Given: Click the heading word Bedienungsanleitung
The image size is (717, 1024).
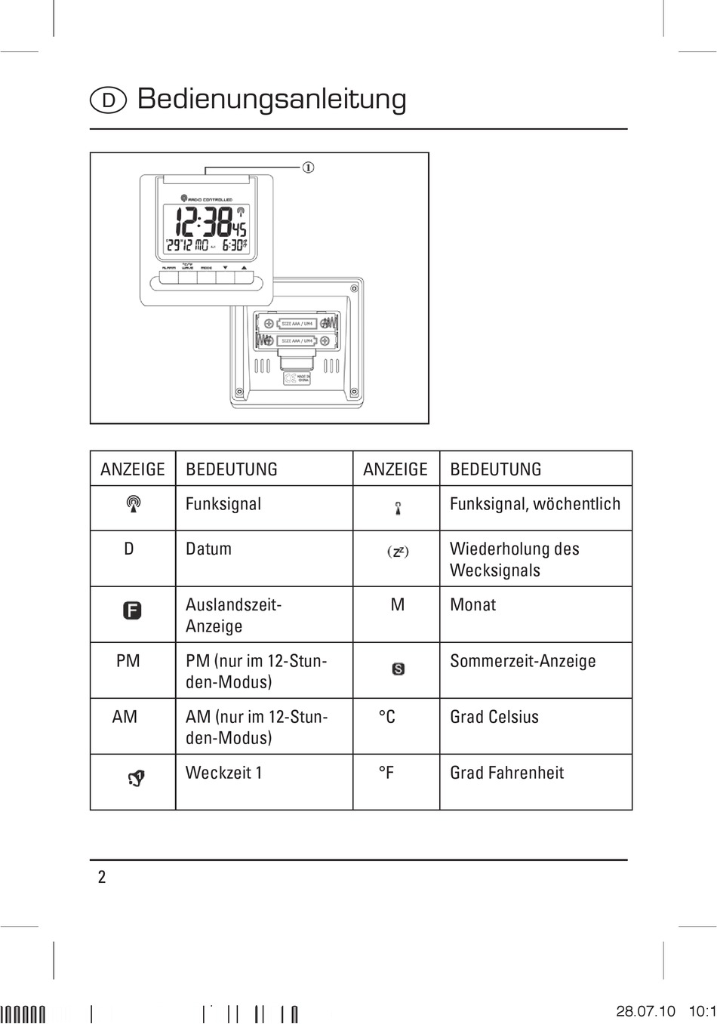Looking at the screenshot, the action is coord(272,99).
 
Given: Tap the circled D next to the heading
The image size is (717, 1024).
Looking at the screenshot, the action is coord(108,100).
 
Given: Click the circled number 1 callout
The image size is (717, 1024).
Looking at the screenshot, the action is coord(308,167).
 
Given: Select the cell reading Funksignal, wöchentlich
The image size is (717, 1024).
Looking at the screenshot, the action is coord(534,504).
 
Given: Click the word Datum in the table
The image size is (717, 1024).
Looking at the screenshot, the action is coord(208,549).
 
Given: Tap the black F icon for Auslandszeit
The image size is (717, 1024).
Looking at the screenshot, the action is coord(132,610).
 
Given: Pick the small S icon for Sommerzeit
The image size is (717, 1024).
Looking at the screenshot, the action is coord(398,669).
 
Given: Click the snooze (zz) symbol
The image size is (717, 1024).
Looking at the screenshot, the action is coord(398,552).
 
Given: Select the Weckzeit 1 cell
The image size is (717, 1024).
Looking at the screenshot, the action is coord(223,773).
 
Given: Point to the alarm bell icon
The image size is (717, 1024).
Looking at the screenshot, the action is coord(136,778).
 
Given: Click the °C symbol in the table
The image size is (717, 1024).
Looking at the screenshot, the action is coord(386,717).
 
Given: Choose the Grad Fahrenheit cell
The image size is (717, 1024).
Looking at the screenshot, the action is coord(506,773).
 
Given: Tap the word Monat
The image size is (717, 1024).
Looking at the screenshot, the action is coord(472,604).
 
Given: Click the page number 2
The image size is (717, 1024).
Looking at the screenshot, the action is coord(102,877).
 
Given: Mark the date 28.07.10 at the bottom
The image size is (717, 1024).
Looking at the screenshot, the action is coord(645,1011).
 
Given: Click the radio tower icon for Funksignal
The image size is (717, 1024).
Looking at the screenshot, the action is coord(133,503).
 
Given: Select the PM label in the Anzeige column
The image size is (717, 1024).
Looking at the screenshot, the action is coord(128,661).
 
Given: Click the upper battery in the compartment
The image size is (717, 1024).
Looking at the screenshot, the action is coord(297,324).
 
